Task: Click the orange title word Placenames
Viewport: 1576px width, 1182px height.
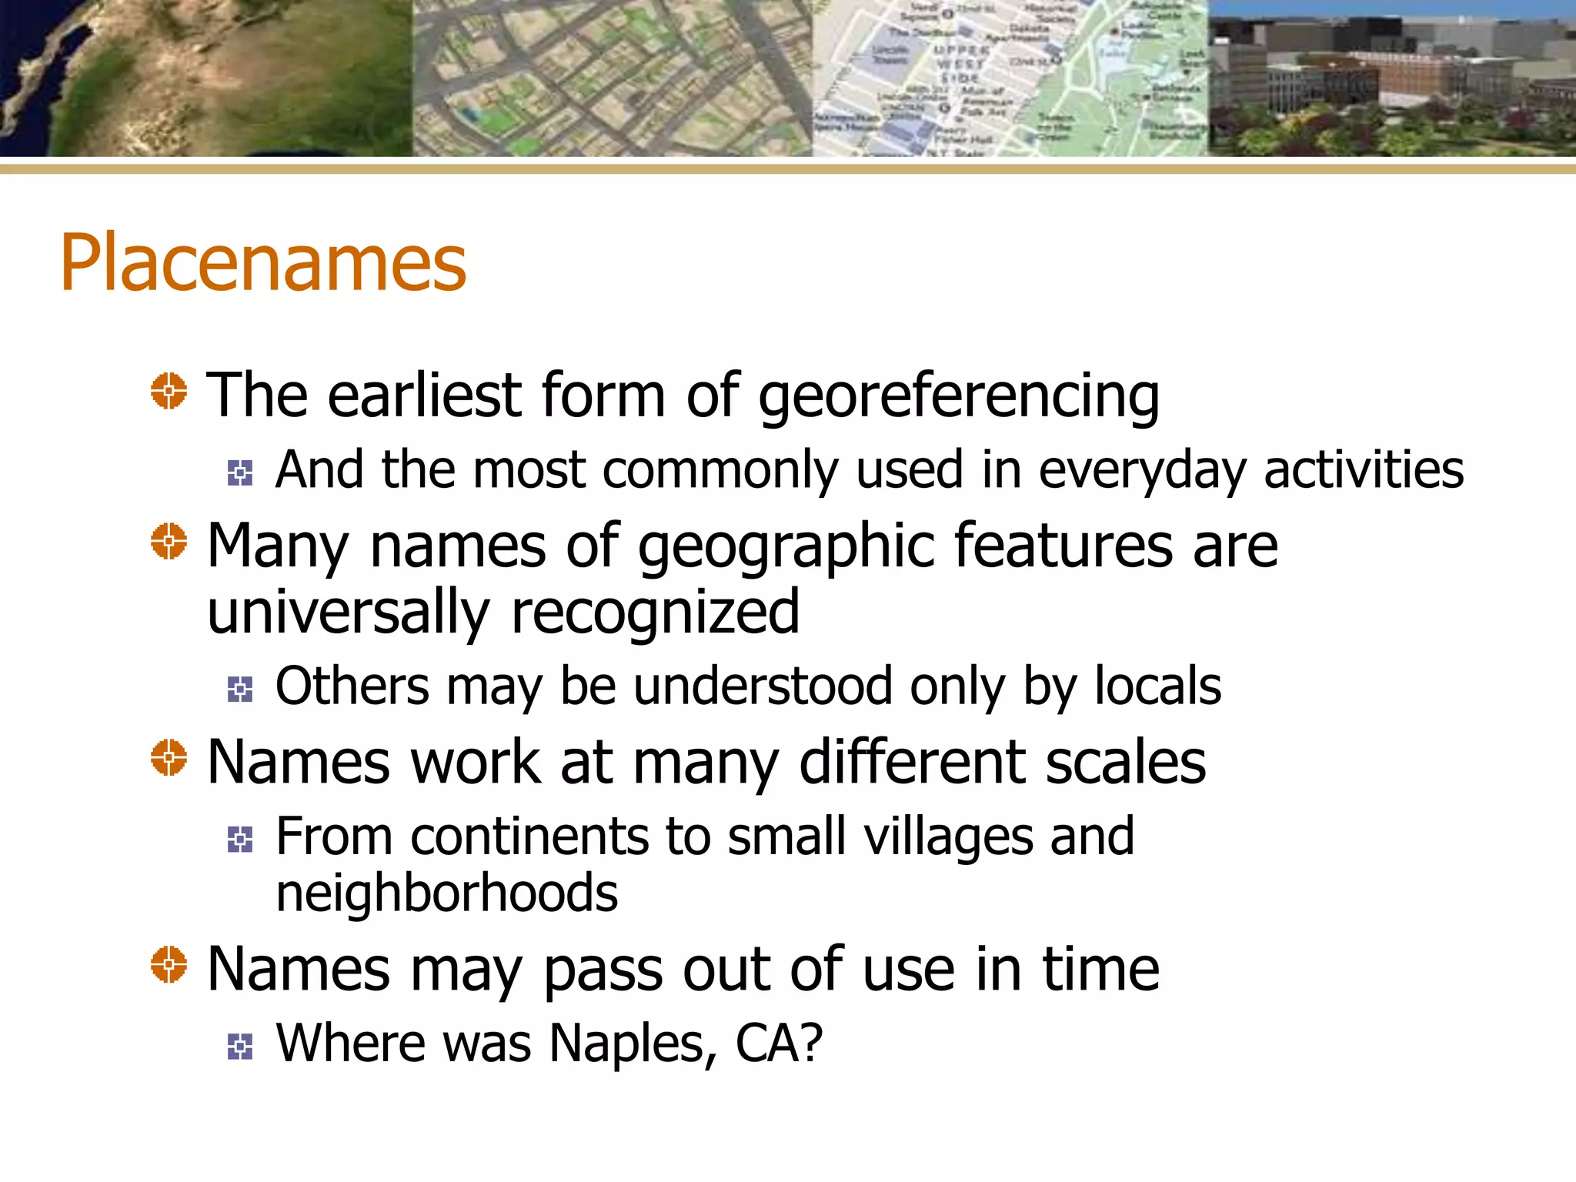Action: [x=263, y=263]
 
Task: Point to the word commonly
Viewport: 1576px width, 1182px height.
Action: [x=720, y=471]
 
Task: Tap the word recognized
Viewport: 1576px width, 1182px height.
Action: [x=656, y=613]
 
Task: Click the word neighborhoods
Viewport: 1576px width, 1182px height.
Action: [x=447, y=893]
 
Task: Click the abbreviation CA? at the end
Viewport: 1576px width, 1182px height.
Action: [x=779, y=1044]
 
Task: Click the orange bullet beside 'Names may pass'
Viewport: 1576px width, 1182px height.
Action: [x=169, y=965]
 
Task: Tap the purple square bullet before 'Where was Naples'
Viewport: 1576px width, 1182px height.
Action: [x=240, y=1047]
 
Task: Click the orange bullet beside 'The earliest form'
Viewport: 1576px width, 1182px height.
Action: [x=169, y=391]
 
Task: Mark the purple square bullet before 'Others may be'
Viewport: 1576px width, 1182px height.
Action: [x=240, y=689]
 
